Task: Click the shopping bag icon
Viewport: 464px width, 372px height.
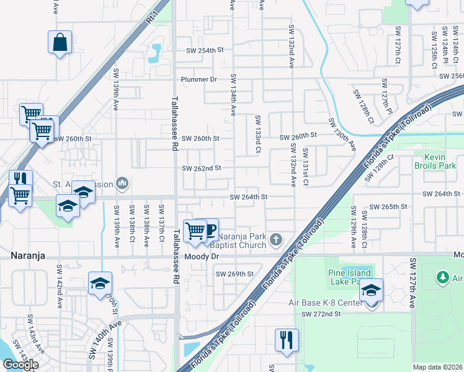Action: [60, 43]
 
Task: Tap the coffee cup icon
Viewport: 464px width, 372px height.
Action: [208, 231]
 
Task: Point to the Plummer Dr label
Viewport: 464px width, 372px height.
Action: [199, 79]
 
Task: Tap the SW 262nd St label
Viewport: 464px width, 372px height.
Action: [201, 168]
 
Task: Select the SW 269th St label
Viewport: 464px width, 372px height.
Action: [234, 274]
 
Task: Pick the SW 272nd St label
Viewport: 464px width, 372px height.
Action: [321, 314]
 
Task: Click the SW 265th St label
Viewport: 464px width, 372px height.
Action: [388, 206]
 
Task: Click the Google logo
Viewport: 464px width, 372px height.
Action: [20, 365]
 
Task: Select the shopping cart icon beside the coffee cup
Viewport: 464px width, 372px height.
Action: [195, 231]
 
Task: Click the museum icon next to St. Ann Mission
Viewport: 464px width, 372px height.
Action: [123, 183]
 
